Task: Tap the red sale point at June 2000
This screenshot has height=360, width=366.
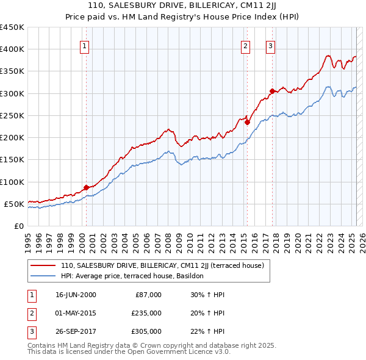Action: pyautogui.click(x=86, y=187)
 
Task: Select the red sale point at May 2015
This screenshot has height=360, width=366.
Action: pyautogui.click(x=248, y=122)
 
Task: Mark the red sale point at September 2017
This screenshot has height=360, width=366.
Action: pyautogui.click(x=273, y=92)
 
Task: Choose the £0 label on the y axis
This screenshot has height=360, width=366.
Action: pyautogui.click(x=18, y=226)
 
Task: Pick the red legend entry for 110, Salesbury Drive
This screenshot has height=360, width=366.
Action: pyautogui.click(x=162, y=265)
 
